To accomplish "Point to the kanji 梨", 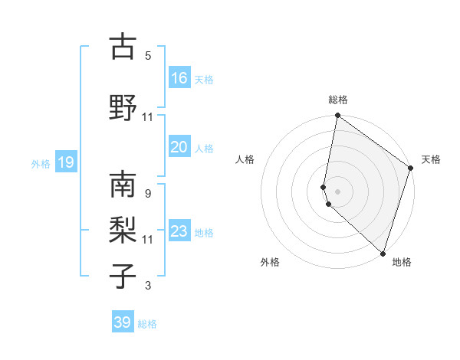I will tap(123, 229).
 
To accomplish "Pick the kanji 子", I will tap(123, 275).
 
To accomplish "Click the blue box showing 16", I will tap(179, 78).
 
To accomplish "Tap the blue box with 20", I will tap(179, 147).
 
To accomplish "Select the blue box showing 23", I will tap(179, 231).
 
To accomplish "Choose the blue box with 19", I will tap(65, 162).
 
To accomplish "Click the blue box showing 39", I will tap(123, 322).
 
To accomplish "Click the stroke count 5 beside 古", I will tap(148, 55).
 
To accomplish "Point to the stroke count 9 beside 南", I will tap(147, 193).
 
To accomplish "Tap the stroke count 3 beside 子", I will tap(148, 286).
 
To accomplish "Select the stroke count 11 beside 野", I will tap(148, 116).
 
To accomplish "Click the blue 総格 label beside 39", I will tap(148, 324).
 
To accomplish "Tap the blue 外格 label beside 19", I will tap(40, 163).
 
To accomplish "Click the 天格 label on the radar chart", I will tap(431, 159).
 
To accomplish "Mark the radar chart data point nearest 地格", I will tap(383, 253).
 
